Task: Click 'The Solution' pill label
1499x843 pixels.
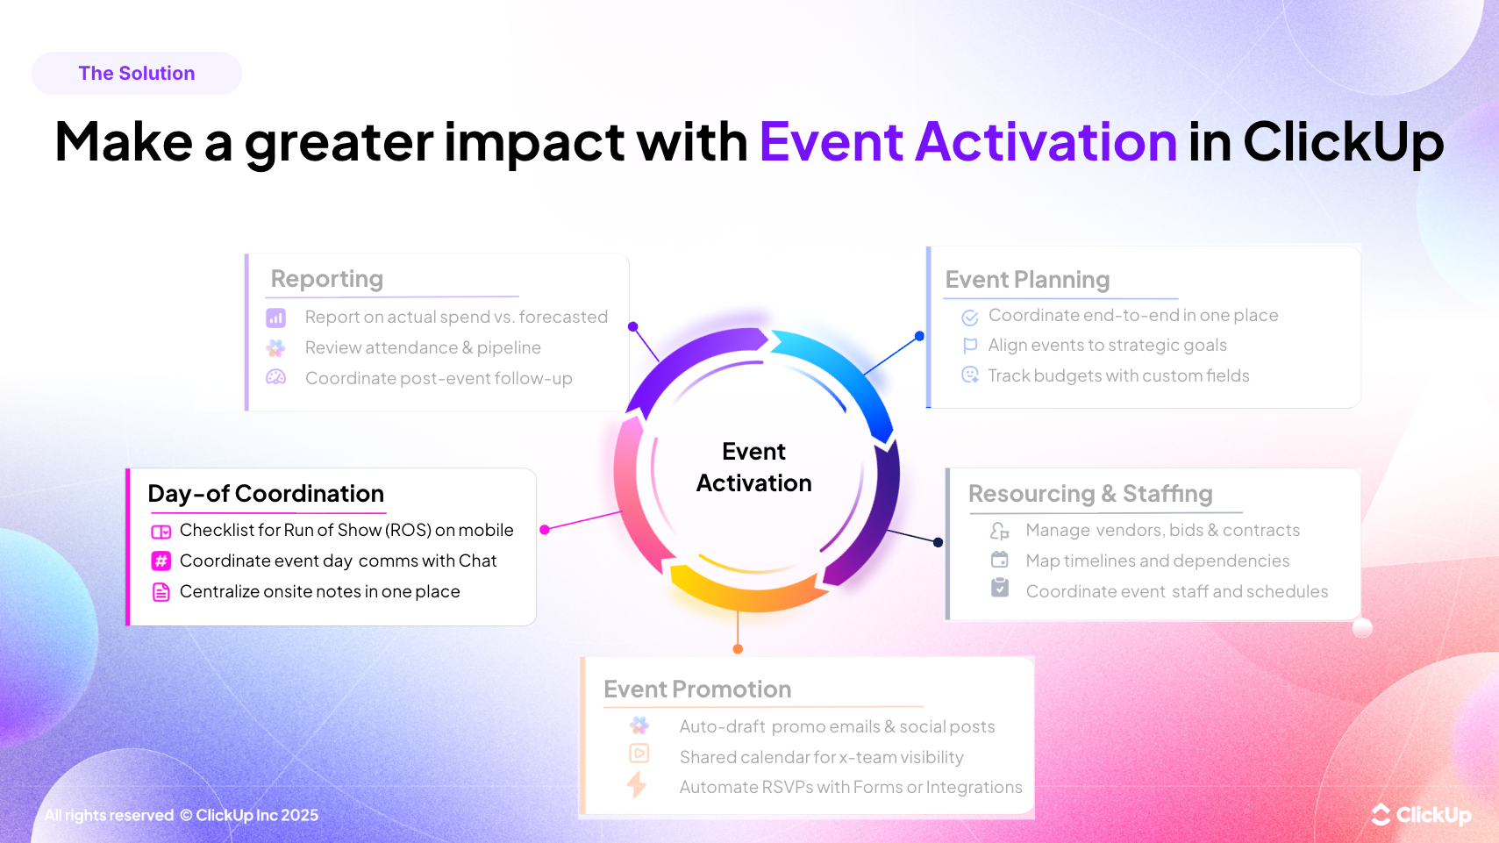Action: pyautogui.click(x=137, y=74)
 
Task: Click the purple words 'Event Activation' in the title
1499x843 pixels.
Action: pyautogui.click(x=967, y=142)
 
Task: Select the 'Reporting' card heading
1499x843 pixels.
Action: pyautogui.click(x=326, y=279)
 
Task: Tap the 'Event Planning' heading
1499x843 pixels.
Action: pyautogui.click(x=1027, y=280)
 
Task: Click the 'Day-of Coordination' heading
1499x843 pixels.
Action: pyautogui.click(x=266, y=494)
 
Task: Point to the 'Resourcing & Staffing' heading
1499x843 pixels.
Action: pyautogui.click(x=1090, y=494)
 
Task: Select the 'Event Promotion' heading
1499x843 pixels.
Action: pyautogui.click(x=697, y=689)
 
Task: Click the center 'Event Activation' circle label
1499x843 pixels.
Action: pyautogui.click(x=753, y=468)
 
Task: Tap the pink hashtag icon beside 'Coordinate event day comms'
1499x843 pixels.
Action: pyautogui.click(x=161, y=561)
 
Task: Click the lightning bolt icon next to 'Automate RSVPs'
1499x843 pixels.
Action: pyautogui.click(x=638, y=784)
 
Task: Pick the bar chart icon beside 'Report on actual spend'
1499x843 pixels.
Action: pyautogui.click(x=276, y=318)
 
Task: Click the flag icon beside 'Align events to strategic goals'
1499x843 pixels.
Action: pyautogui.click(x=970, y=346)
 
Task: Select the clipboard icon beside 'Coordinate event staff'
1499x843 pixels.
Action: pyautogui.click(x=1000, y=588)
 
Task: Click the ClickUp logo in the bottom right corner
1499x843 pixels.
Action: pyautogui.click(x=1421, y=815)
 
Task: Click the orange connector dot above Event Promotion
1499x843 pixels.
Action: pyautogui.click(x=738, y=649)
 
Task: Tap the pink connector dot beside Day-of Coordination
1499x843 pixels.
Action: pyautogui.click(x=545, y=530)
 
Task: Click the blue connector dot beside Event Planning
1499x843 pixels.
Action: pyautogui.click(x=919, y=336)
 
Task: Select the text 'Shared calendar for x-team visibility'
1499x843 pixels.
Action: pyautogui.click(x=821, y=757)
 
